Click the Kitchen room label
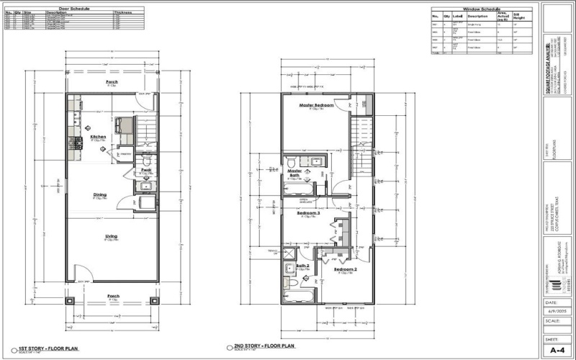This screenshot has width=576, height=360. pos(99,137)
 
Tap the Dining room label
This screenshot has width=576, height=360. pos(100,194)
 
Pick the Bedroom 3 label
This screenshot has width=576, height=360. pos(308,213)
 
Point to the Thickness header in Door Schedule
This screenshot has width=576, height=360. pos(123,13)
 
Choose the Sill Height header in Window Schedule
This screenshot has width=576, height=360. pos(536,15)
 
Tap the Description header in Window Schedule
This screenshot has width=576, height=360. pos(477,16)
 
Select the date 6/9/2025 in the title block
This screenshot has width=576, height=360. pos(554,311)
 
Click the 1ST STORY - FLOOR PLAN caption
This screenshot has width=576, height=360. pos(51,348)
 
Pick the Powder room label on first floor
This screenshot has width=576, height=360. pos(145,171)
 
